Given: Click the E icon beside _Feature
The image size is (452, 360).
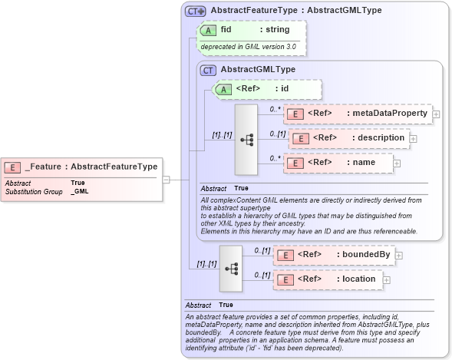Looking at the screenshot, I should coord(13,167).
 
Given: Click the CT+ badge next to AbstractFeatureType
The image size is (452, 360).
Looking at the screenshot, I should coord(196,11).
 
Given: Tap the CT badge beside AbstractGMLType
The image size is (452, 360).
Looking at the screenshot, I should coord(207,70).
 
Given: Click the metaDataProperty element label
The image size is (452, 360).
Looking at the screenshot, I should coord(388,114).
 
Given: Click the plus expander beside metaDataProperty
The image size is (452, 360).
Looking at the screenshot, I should coord(437,114).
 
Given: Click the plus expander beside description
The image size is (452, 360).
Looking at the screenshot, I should coord(414,138).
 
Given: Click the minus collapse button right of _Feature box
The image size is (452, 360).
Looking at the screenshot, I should coord(167,180).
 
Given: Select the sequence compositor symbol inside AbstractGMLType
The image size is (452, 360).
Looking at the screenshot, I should coord(246,140).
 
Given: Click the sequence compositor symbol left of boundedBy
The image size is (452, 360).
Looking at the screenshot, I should coord(231,269).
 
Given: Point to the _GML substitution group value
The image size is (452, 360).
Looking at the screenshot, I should coord(78,190).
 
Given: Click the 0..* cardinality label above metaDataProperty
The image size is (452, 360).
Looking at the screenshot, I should coord(273,109).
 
